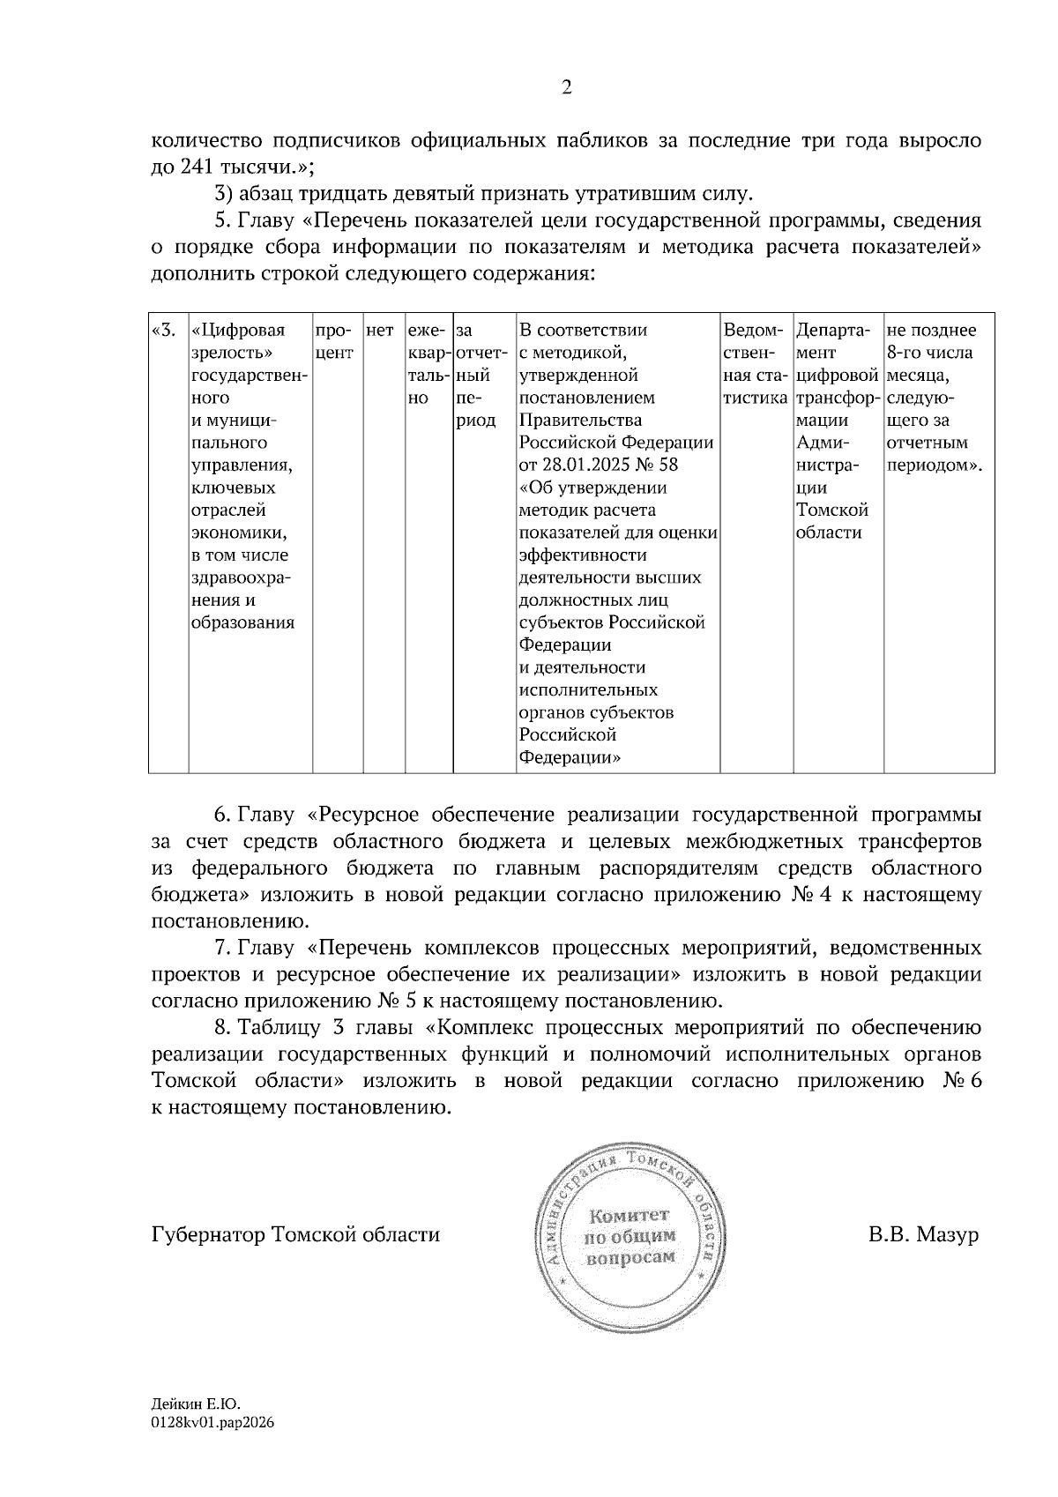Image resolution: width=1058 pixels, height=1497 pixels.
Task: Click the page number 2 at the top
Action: pyautogui.click(x=566, y=86)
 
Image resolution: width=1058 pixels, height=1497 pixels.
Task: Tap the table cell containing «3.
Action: pyautogui.click(x=164, y=331)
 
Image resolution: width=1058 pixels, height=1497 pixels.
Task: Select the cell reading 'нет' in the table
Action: pyautogui.click(x=379, y=331)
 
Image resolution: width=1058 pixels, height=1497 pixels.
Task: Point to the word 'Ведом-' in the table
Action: pyautogui.click(x=753, y=331)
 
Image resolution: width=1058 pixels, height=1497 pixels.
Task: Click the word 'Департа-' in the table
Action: pyautogui.click(x=833, y=331)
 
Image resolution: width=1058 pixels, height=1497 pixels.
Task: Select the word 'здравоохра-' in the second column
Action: pyautogui.click(x=241, y=578)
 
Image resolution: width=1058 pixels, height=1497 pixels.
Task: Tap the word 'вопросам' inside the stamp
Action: pyautogui.click(x=630, y=1257)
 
